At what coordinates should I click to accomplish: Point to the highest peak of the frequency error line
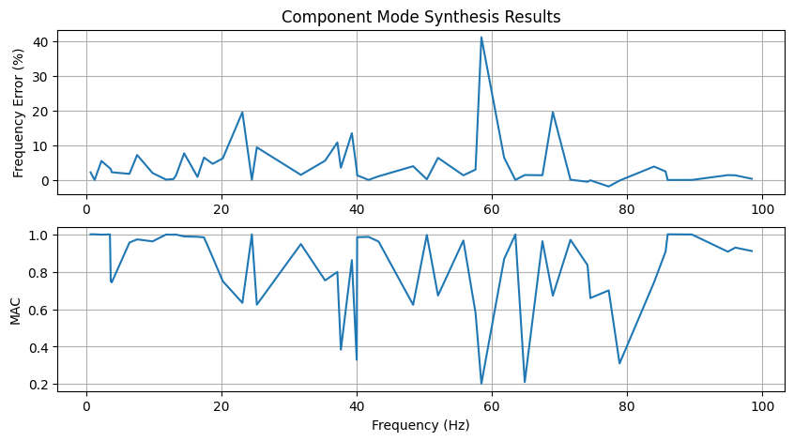[x=481, y=38]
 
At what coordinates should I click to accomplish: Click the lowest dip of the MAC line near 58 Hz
[x=481, y=383]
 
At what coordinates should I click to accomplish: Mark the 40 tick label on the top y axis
[x=40, y=41]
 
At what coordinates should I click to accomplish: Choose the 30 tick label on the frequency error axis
[x=40, y=76]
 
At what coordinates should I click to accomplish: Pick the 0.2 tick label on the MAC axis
[x=37, y=385]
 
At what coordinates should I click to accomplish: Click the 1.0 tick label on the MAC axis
[x=37, y=236]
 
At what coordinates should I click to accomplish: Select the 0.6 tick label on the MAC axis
[x=37, y=310]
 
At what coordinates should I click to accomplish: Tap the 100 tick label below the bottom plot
[x=763, y=406]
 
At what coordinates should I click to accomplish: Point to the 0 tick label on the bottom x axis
[x=86, y=406]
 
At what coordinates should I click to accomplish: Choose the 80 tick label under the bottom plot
[x=628, y=406]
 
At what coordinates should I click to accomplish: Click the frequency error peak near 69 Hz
[x=553, y=112]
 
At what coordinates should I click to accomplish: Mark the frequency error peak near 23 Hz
[x=242, y=113]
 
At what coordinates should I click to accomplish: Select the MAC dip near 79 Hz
[x=619, y=363]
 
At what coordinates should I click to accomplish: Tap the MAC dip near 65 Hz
[x=525, y=382]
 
